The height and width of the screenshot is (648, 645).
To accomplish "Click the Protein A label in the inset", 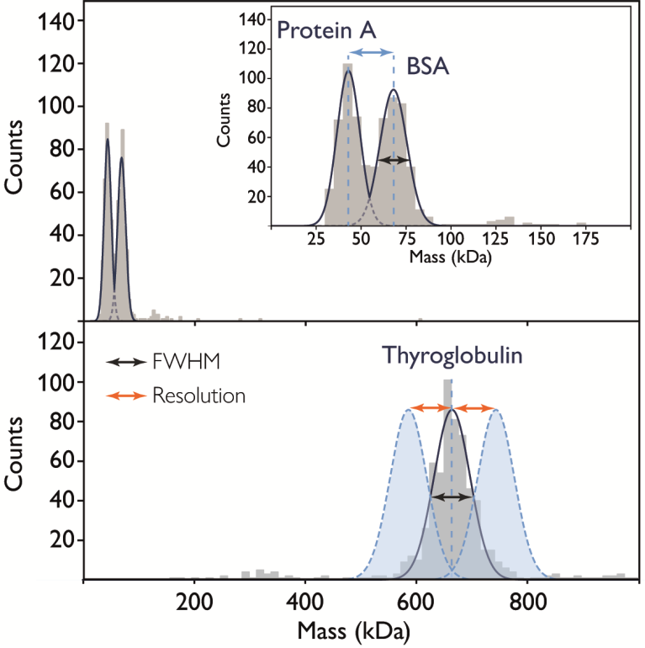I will tap(326, 35).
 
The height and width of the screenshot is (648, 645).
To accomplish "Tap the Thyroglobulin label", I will tap(453, 356).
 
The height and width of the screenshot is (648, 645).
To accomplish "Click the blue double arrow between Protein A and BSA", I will tap(371, 53).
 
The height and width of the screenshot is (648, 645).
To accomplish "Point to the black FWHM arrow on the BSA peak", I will tap(394, 160).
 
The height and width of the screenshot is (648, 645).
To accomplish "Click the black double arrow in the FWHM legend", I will tap(125, 363).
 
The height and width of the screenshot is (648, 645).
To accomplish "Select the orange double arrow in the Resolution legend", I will tap(125, 394).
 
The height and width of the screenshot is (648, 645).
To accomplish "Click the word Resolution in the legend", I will tap(198, 394).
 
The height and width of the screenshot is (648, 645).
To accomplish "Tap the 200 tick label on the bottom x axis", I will tap(194, 603).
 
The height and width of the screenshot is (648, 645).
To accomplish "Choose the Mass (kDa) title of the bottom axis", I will tap(347, 629).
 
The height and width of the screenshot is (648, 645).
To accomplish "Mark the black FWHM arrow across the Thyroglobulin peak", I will tap(452, 498).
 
